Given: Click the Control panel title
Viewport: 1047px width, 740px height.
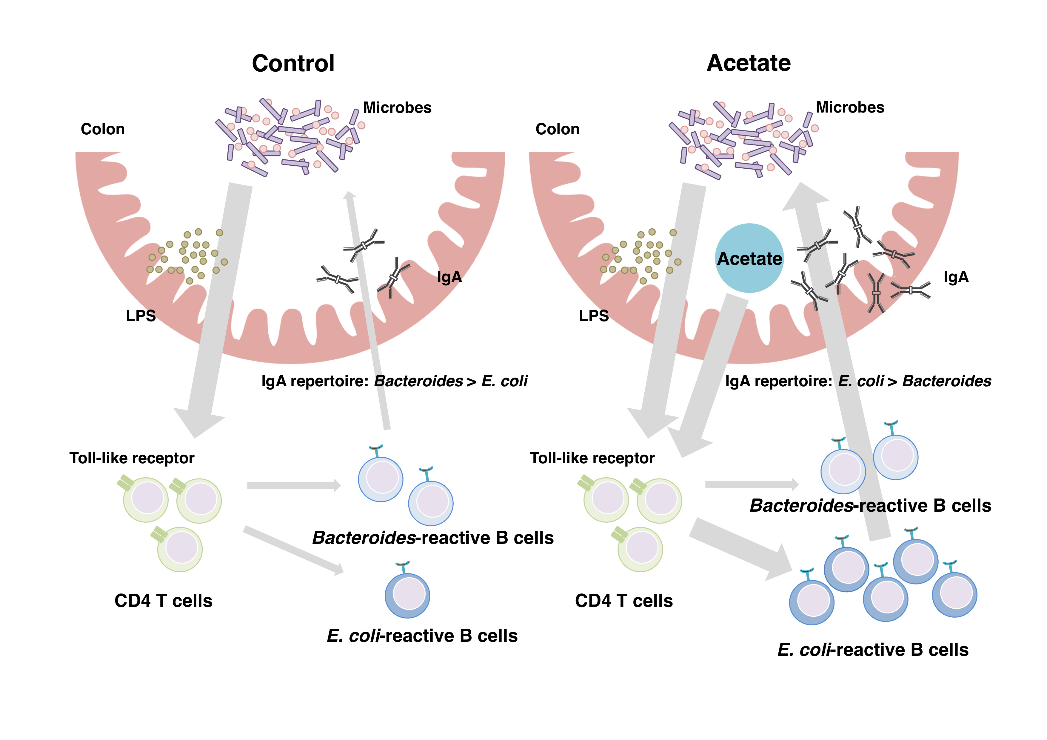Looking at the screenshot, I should pyautogui.click(x=293, y=63).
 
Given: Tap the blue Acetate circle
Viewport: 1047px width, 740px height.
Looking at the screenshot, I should pyautogui.click(x=749, y=258).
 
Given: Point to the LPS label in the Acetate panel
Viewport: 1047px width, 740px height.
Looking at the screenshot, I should pyautogui.click(x=594, y=316).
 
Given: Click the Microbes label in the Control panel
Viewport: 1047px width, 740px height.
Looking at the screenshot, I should pyautogui.click(x=397, y=107).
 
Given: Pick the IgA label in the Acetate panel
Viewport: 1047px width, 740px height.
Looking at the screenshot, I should pyautogui.click(x=956, y=277).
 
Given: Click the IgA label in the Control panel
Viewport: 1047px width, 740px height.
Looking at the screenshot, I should pyautogui.click(x=449, y=277).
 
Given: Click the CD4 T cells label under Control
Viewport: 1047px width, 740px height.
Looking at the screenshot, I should pyautogui.click(x=163, y=601).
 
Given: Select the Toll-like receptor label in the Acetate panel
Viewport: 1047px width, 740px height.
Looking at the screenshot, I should pyautogui.click(x=592, y=458).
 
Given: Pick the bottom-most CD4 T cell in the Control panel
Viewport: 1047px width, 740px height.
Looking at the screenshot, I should pyautogui.click(x=180, y=549).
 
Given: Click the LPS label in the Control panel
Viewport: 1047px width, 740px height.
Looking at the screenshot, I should pyautogui.click(x=141, y=316).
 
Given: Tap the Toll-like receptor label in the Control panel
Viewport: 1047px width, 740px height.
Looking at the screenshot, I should pyautogui.click(x=132, y=458).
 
